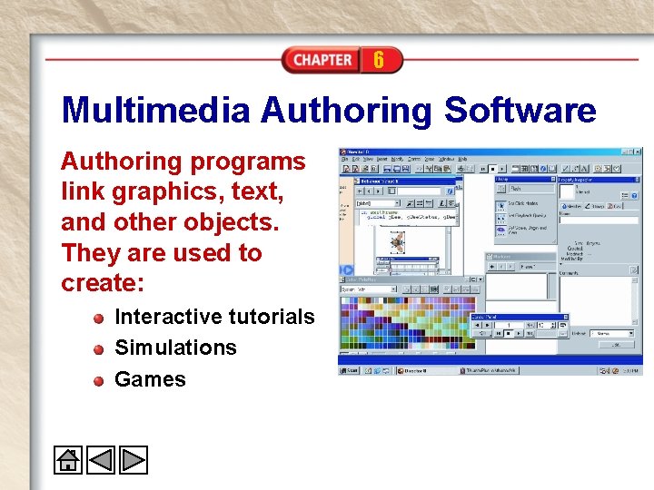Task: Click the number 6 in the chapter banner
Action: coord(378,60)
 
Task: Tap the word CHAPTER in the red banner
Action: coord(322,60)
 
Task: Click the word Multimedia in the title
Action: coord(155,111)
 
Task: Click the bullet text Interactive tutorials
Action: coord(214,317)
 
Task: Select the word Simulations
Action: coord(175,348)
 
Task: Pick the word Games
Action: coord(150,379)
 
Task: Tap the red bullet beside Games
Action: coord(98,381)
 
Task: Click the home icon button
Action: coord(67,460)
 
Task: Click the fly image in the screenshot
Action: coord(397,242)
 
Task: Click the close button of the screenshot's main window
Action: coord(638,151)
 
